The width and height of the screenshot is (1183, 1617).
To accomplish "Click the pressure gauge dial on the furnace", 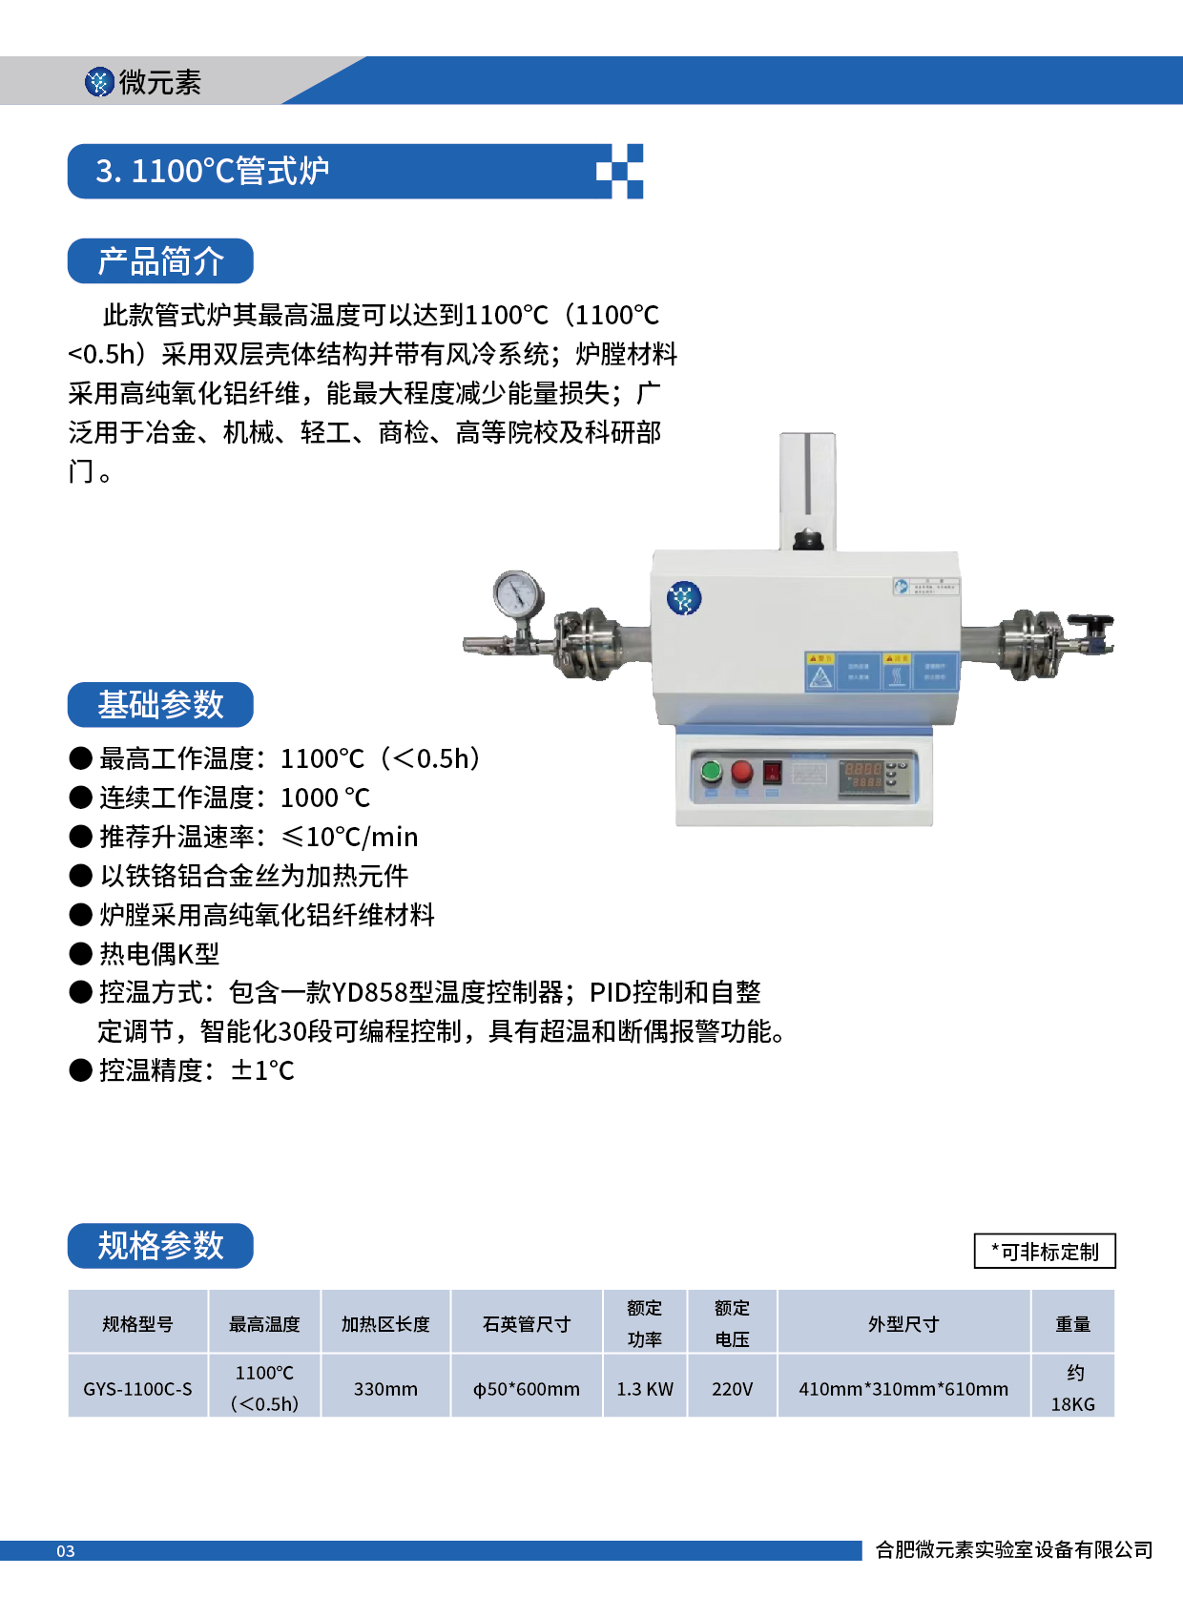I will [x=518, y=594].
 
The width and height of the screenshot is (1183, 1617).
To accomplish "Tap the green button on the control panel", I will [x=712, y=771].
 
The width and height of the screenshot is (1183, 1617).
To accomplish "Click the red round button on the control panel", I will [x=742, y=772].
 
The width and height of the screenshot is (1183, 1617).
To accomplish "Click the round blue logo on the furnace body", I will [x=684, y=598].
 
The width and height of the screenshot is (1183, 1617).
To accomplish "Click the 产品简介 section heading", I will [x=160, y=261].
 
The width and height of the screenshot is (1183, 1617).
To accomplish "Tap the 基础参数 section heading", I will [x=160, y=705].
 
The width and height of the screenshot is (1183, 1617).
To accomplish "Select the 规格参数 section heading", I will [x=160, y=1246].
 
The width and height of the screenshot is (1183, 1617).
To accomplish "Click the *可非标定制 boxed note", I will [x=1045, y=1252].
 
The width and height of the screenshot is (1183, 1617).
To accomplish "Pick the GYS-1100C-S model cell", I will [x=137, y=1389].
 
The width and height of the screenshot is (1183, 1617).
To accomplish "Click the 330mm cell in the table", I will [x=385, y=1389].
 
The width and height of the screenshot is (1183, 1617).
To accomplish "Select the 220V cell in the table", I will [x=732, y=1389].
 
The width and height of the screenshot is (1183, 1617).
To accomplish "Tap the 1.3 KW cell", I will [x=645, y=1389].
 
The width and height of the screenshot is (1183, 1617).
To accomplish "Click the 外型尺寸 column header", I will [x=903, y=1324].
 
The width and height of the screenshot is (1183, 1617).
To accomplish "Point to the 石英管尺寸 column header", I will [x=527, y=1324].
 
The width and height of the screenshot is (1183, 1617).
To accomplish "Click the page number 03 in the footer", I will [x=65, y=1551].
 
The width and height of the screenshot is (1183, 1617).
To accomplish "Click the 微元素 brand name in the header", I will [x=159, y=83].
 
